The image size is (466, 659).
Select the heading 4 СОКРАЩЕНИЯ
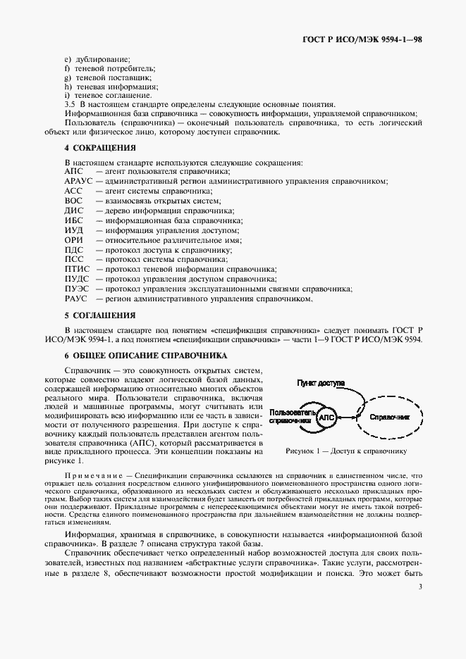click(x=99, y=148)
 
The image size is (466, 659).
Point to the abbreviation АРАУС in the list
click(x=78, y=181)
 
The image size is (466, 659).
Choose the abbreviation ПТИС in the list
click(x=76, y=269)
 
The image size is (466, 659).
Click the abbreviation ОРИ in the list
click(x=74, y=240)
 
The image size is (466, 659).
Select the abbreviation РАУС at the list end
click(x=75, y=299)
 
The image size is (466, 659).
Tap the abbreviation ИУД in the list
click(x=74, y=230)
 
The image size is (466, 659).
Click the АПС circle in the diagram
click(x=327, y=418)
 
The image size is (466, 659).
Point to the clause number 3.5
click(x=69, y=104)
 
